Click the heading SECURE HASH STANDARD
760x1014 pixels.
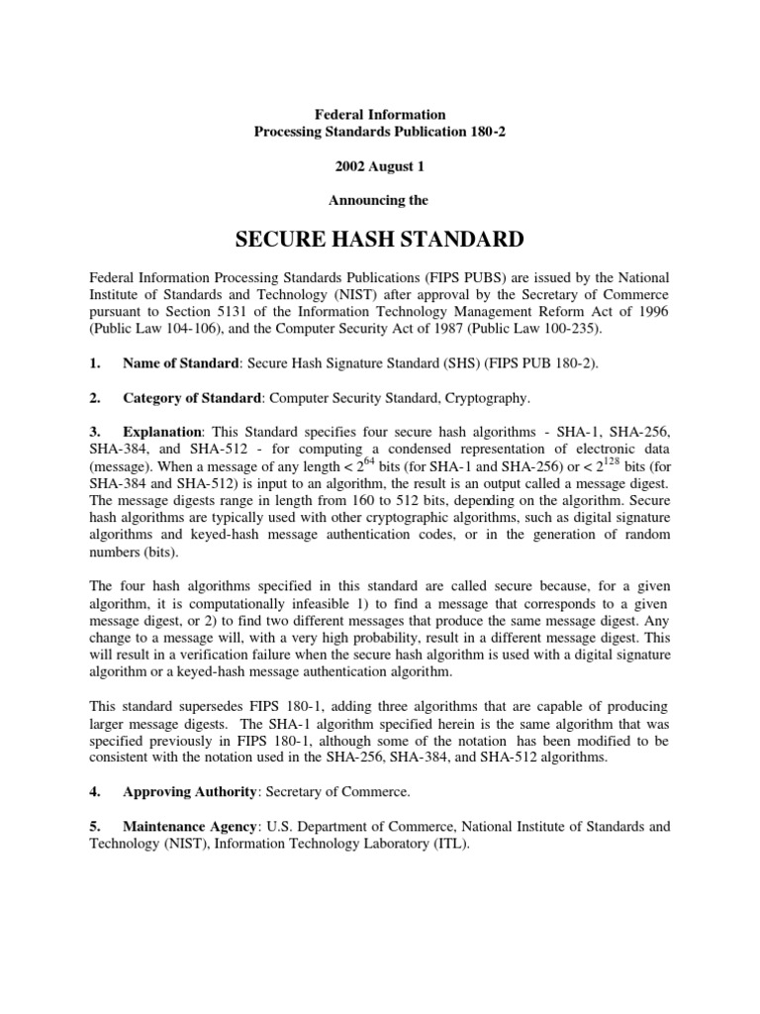(x=380, y=241)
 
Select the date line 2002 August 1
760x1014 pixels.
(x=380, y=165)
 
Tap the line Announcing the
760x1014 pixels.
(x=380, y=200)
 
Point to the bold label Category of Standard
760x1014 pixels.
(x=193, y=399)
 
